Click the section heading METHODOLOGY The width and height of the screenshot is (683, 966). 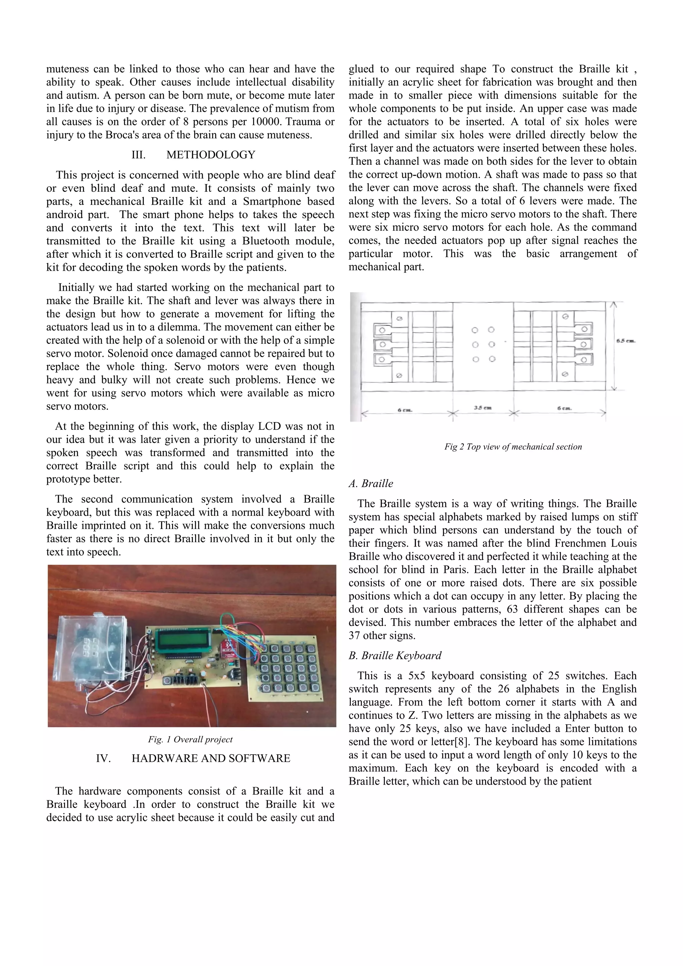(x=210, y=155)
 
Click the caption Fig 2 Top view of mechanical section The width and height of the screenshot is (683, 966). (x=513, y=447)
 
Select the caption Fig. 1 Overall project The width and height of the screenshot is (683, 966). (x=190, y=739)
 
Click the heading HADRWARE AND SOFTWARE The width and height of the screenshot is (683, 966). (x=211, y=758)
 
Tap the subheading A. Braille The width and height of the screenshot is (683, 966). (x=371, y=484)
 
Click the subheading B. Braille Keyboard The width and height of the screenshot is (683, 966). (x=395, y=656)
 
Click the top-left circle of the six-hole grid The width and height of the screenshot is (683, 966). (x=475, y=330)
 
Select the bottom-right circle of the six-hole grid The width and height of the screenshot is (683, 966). (x=492, y=359)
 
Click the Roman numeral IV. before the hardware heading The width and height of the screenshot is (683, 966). (x=103, y=758)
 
